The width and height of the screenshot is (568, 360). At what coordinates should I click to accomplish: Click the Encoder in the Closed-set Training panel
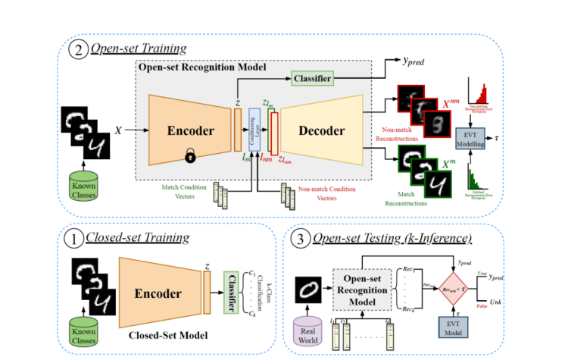(x=161, y=293)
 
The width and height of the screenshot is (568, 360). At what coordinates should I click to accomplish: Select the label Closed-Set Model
(x=155, y=334)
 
